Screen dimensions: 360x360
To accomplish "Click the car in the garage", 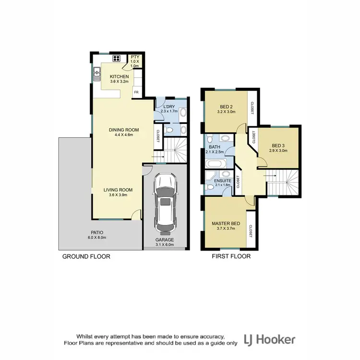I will tap(164, 202).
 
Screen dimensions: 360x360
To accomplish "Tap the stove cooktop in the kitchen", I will tap(116, 60).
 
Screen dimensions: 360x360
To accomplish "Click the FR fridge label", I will tap(136, 92).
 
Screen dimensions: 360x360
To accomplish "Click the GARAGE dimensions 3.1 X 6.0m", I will tap(164, 245).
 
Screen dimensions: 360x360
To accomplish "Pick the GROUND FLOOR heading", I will tap(86, 256).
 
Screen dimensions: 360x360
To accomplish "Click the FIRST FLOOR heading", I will tap(231, 256).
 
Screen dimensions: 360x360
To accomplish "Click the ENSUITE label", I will tap(224, 181).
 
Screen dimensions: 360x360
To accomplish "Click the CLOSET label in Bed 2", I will tap(251, 108).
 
